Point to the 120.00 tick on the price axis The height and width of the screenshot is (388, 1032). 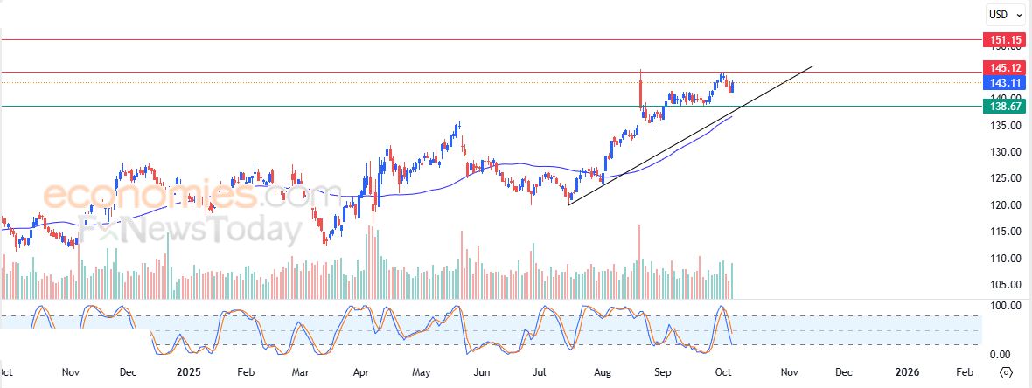[1001, 205]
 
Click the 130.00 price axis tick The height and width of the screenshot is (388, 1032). [1001, 152]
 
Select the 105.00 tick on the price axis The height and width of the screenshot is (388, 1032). [1001, 285]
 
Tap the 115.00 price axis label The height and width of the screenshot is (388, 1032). [1001, 232]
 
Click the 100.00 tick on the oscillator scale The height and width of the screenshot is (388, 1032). [1001, 306]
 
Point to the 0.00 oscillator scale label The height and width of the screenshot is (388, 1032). [1001, 355]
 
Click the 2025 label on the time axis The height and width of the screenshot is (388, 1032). [189, 372]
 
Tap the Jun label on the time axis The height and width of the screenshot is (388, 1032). [480, 372]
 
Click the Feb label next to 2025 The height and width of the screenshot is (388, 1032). [247, 372]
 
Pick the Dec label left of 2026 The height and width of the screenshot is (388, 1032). [843, 372]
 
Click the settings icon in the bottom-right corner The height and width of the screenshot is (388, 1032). [1006, 373]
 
